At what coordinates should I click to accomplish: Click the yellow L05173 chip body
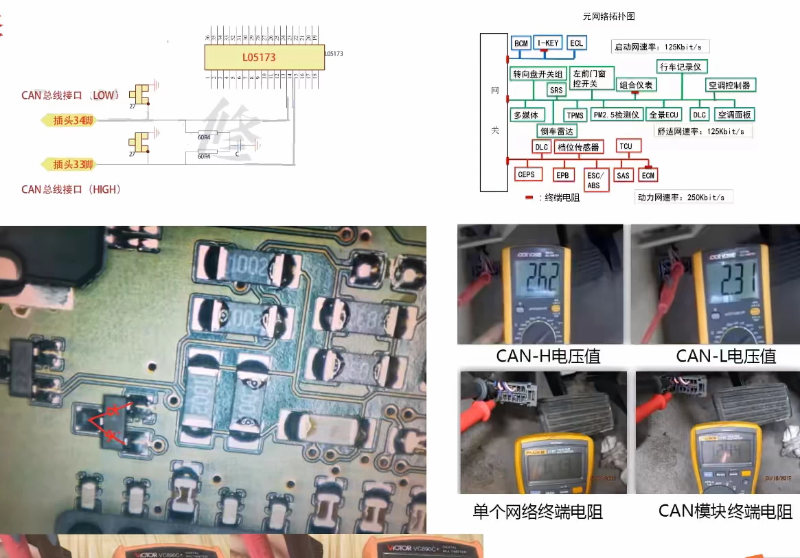coord(264,57)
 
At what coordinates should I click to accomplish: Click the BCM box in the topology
coord(521,43)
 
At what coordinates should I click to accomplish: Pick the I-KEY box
coord(549,43)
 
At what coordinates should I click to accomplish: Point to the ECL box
coord(577,43)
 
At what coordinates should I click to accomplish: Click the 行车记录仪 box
coord(681,67)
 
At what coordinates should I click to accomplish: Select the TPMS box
coord(575,115)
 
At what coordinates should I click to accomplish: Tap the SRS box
coord(556,90)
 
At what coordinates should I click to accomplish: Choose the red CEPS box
coord(527,175)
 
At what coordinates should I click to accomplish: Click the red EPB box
coord(562,175)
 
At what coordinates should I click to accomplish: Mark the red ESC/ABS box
coord(594,180)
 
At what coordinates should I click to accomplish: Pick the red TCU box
coord(626,146)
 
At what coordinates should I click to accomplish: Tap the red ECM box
coord(648,175)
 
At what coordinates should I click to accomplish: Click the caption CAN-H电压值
coord(548,356)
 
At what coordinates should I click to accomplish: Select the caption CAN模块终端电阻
coord(725,511)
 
